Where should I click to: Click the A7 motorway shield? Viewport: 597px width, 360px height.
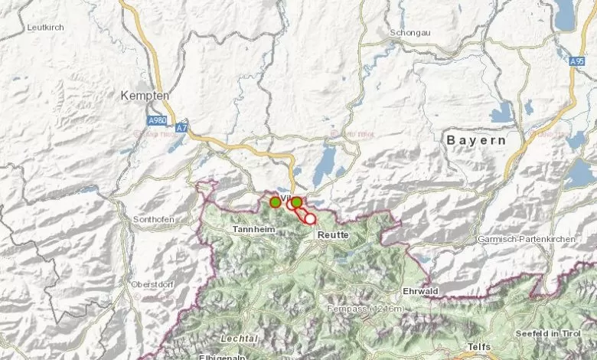click(x=181, y=129)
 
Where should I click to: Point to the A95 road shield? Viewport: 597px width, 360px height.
click(x=577, y=61)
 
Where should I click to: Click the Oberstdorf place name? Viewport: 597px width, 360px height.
click(x=152, y=284)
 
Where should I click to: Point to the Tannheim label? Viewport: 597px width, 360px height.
click(x=253, y=229)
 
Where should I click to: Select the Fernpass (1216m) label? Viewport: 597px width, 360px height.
click(x=374, y=309)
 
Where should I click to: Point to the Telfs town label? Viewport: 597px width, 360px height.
click(x=478, y=347)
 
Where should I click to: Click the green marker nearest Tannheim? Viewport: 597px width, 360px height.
click(x=275, y=202)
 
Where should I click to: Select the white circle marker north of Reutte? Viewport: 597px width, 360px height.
click(x=310, y=218)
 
